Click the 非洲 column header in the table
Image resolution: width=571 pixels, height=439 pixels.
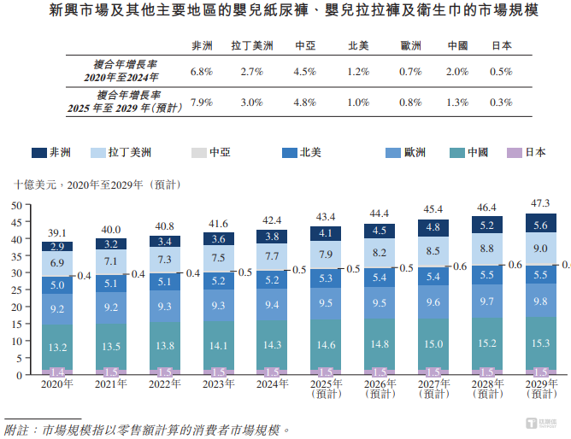pos(202,46)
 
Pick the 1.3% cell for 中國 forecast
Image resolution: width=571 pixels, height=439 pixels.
pos(457,102)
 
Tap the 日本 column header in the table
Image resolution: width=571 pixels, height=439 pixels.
pos(501,46)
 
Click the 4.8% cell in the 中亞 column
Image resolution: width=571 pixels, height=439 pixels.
pos(305,102)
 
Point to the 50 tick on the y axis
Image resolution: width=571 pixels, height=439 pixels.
pos(16,206)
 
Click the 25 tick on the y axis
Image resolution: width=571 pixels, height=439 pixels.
pos(16,290)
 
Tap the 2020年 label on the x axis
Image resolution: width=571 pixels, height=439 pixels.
pos(58,384)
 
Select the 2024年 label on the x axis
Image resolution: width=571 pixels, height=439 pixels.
pos(272,384)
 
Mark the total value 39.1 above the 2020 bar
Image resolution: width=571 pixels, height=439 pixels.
pos(58,231)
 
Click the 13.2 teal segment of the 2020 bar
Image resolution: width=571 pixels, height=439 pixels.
pos(58,347)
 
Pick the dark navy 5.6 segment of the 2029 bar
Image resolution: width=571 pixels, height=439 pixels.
pos(540,225)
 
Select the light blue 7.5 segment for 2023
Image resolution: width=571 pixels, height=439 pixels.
pos(219,259)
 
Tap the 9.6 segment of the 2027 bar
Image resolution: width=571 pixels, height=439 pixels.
pos(433,301)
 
